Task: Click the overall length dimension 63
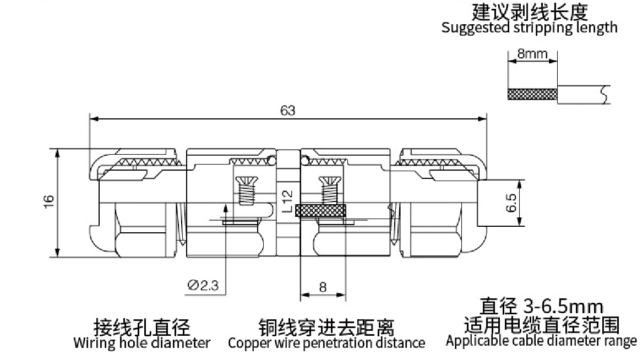tap(287, 111)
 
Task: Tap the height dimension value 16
tap(49, 201)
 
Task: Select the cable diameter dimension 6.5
tap(511, 203)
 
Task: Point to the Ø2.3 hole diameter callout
tap(203, 285)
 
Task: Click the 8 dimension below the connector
tap(323, 287)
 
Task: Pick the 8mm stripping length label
tap(532, 54)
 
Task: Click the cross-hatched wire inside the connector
tap(323, 211)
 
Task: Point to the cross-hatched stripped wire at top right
tap(533, 95)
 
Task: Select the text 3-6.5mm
tap(564, 307)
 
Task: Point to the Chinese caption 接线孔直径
tap(142, 327)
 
